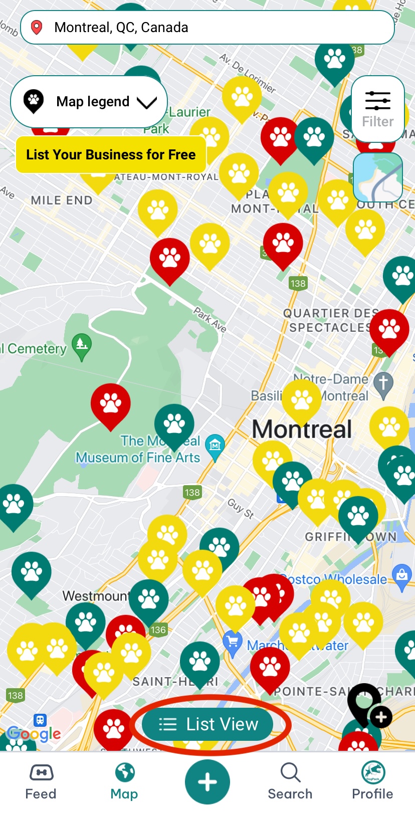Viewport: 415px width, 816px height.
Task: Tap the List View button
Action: tap(207, 724)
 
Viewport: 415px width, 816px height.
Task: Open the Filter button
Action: tap(377, 109)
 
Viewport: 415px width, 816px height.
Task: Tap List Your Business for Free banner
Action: tap(111, 154)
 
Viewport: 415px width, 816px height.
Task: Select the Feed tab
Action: tap(41, 782)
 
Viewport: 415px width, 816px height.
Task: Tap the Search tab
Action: tap(290, 782)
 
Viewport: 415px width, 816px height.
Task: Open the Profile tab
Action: tap(372, 782)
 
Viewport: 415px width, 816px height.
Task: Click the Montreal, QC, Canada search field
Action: tap(207, 28)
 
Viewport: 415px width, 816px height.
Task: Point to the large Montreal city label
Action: tap(302, 430)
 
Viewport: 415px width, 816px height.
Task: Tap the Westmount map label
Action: tap(95, 596)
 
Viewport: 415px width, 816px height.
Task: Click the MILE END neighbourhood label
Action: tap(62, 200)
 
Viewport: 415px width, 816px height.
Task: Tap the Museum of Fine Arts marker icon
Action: tap(215, 446)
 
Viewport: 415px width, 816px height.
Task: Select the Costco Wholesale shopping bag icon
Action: tap(402, 576)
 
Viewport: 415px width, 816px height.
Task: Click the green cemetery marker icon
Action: tap(82, 346)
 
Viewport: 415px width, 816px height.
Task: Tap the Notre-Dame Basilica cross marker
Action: tap(383, 384)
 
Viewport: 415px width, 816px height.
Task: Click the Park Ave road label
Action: tap(211, 320)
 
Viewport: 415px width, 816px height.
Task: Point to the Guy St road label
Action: tap(241, 508)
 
